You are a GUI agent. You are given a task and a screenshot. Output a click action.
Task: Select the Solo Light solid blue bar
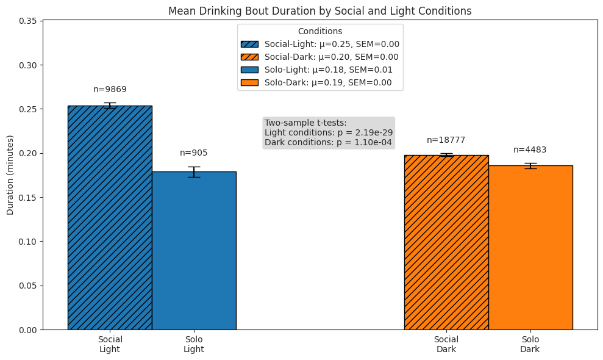194,250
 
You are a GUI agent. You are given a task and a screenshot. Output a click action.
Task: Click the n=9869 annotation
110,90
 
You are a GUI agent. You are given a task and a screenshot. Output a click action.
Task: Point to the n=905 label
194,153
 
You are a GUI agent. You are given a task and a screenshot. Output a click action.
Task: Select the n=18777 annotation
446,140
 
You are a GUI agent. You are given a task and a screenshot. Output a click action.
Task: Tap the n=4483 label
530,150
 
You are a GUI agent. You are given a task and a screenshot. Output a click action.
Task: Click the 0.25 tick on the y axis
28,109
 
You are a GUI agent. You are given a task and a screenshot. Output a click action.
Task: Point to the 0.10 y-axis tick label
28,242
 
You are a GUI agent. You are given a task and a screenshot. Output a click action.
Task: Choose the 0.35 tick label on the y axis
28,21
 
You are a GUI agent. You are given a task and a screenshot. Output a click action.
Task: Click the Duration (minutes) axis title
10,175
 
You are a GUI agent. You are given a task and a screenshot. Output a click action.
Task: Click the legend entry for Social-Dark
320,57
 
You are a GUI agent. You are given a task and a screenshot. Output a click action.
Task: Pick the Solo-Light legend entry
320,70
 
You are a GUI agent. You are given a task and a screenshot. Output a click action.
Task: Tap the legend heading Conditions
320,31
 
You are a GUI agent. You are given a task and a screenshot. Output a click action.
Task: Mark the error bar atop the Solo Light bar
194,171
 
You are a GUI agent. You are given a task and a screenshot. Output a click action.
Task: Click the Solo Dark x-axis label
530,344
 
